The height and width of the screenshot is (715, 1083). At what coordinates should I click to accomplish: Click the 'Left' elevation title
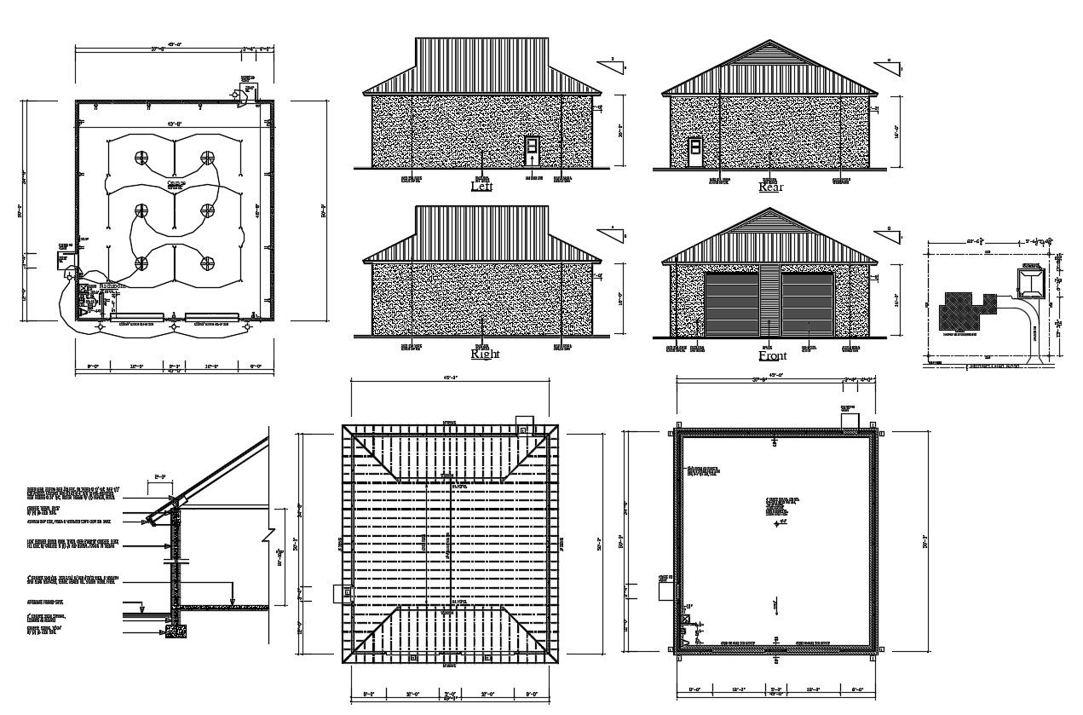[481, 185]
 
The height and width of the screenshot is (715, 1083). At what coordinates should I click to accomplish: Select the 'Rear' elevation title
[770, 187]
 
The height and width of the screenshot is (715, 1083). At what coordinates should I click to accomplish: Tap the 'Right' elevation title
[485, 354]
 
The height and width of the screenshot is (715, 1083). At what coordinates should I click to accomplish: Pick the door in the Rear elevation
[695, 152]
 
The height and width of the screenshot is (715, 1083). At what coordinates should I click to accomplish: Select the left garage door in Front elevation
[731, 304]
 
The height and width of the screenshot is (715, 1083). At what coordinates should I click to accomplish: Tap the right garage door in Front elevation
[807, 304]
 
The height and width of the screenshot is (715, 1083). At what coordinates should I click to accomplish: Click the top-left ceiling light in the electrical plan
[141, 158]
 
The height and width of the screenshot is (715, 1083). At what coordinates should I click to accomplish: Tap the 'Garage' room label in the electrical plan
[176, 183]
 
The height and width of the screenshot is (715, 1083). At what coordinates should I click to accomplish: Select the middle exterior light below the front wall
[174, 326]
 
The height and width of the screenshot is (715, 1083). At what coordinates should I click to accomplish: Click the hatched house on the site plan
[959, 311]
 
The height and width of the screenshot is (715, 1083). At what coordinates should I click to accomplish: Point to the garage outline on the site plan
[1031, 280]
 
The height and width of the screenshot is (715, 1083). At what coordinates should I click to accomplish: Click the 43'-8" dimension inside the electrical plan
[175, 125]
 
